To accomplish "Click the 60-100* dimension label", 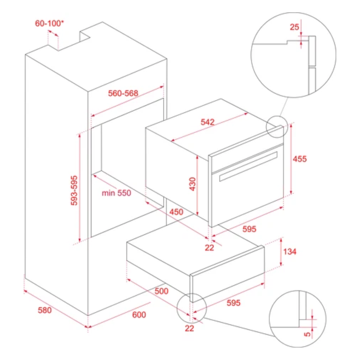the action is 49,23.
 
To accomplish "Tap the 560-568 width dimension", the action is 123,93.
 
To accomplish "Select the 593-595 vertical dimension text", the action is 74,190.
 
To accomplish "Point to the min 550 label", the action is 116,193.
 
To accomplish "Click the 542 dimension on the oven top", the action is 208,122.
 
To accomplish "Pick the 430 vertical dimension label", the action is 192,184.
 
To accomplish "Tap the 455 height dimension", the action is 300,159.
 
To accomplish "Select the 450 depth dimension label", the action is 176,212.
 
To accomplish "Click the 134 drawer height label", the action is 290,252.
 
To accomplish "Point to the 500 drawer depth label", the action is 162,291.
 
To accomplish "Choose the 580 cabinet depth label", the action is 45,310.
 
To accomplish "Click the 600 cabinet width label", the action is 139,315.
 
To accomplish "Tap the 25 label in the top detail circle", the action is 294,27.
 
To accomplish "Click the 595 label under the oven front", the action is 249,229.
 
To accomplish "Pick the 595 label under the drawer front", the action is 233,303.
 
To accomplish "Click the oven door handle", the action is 248,166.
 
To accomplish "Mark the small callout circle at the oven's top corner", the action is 277,127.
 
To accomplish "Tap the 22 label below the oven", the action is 209,247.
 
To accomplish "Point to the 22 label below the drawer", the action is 189,328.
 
